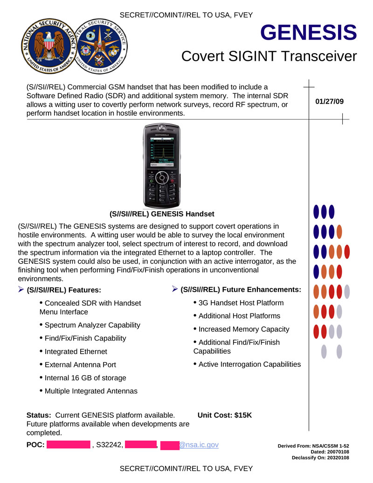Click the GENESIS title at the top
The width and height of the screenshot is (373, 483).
click(x=309, y=33)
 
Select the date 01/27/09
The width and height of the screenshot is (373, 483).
click(x=330, y=101)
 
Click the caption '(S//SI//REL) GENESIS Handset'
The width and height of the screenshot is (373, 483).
click(x=162, y=214)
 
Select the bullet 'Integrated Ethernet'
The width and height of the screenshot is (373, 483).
click(x=76, y=351)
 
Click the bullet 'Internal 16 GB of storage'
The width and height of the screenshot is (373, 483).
click(x=85, y=378)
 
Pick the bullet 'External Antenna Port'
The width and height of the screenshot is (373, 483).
click(x=80, y=364)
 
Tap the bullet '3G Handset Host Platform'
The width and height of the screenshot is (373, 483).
click(x=241, y=303)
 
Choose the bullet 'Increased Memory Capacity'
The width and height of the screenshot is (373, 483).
click(x=243, y=329)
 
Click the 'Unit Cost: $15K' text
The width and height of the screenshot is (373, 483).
click(x=225, y=415)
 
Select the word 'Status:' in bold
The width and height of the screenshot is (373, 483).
click(x=39, y=415)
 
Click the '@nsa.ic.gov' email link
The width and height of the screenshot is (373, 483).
click(x=199, y=445)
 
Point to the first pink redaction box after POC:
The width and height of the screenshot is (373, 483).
click(x=68, y=445)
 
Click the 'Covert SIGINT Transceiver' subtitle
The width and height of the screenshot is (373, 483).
click(x=269, y=56)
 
